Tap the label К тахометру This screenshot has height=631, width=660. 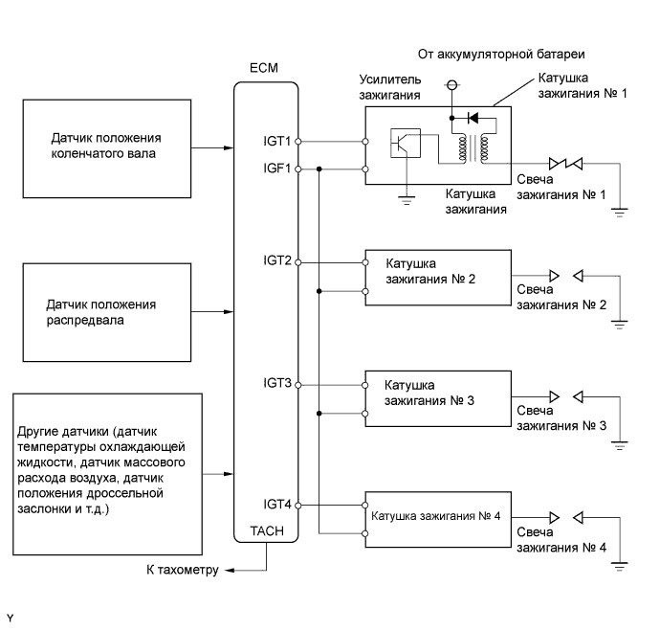click(x=179, y=571)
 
